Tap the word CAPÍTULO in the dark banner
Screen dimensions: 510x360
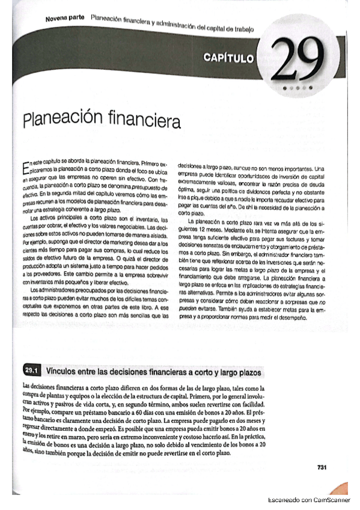230,58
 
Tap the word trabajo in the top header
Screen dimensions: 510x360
242,28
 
